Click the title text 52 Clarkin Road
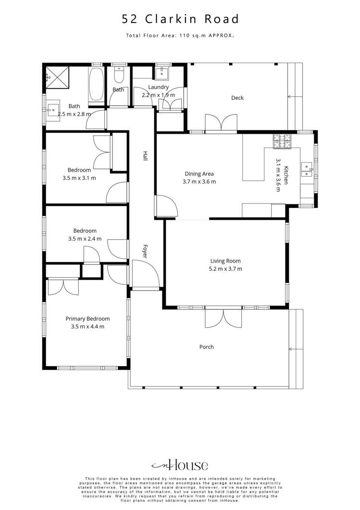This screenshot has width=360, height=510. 180,19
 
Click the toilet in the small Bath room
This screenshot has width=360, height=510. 119,75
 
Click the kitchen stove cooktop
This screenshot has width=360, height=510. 282,140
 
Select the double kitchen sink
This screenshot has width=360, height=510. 307,167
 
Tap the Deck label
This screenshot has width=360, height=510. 237,98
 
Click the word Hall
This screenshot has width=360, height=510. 144,156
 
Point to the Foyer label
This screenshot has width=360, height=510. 144,252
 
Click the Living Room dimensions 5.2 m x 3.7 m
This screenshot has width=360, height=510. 225,269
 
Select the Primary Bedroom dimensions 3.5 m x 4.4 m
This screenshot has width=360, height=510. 87,326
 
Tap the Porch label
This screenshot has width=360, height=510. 207,347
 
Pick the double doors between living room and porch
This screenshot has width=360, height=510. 223,318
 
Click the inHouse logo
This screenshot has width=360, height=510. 180,465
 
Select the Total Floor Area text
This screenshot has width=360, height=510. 180,36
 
